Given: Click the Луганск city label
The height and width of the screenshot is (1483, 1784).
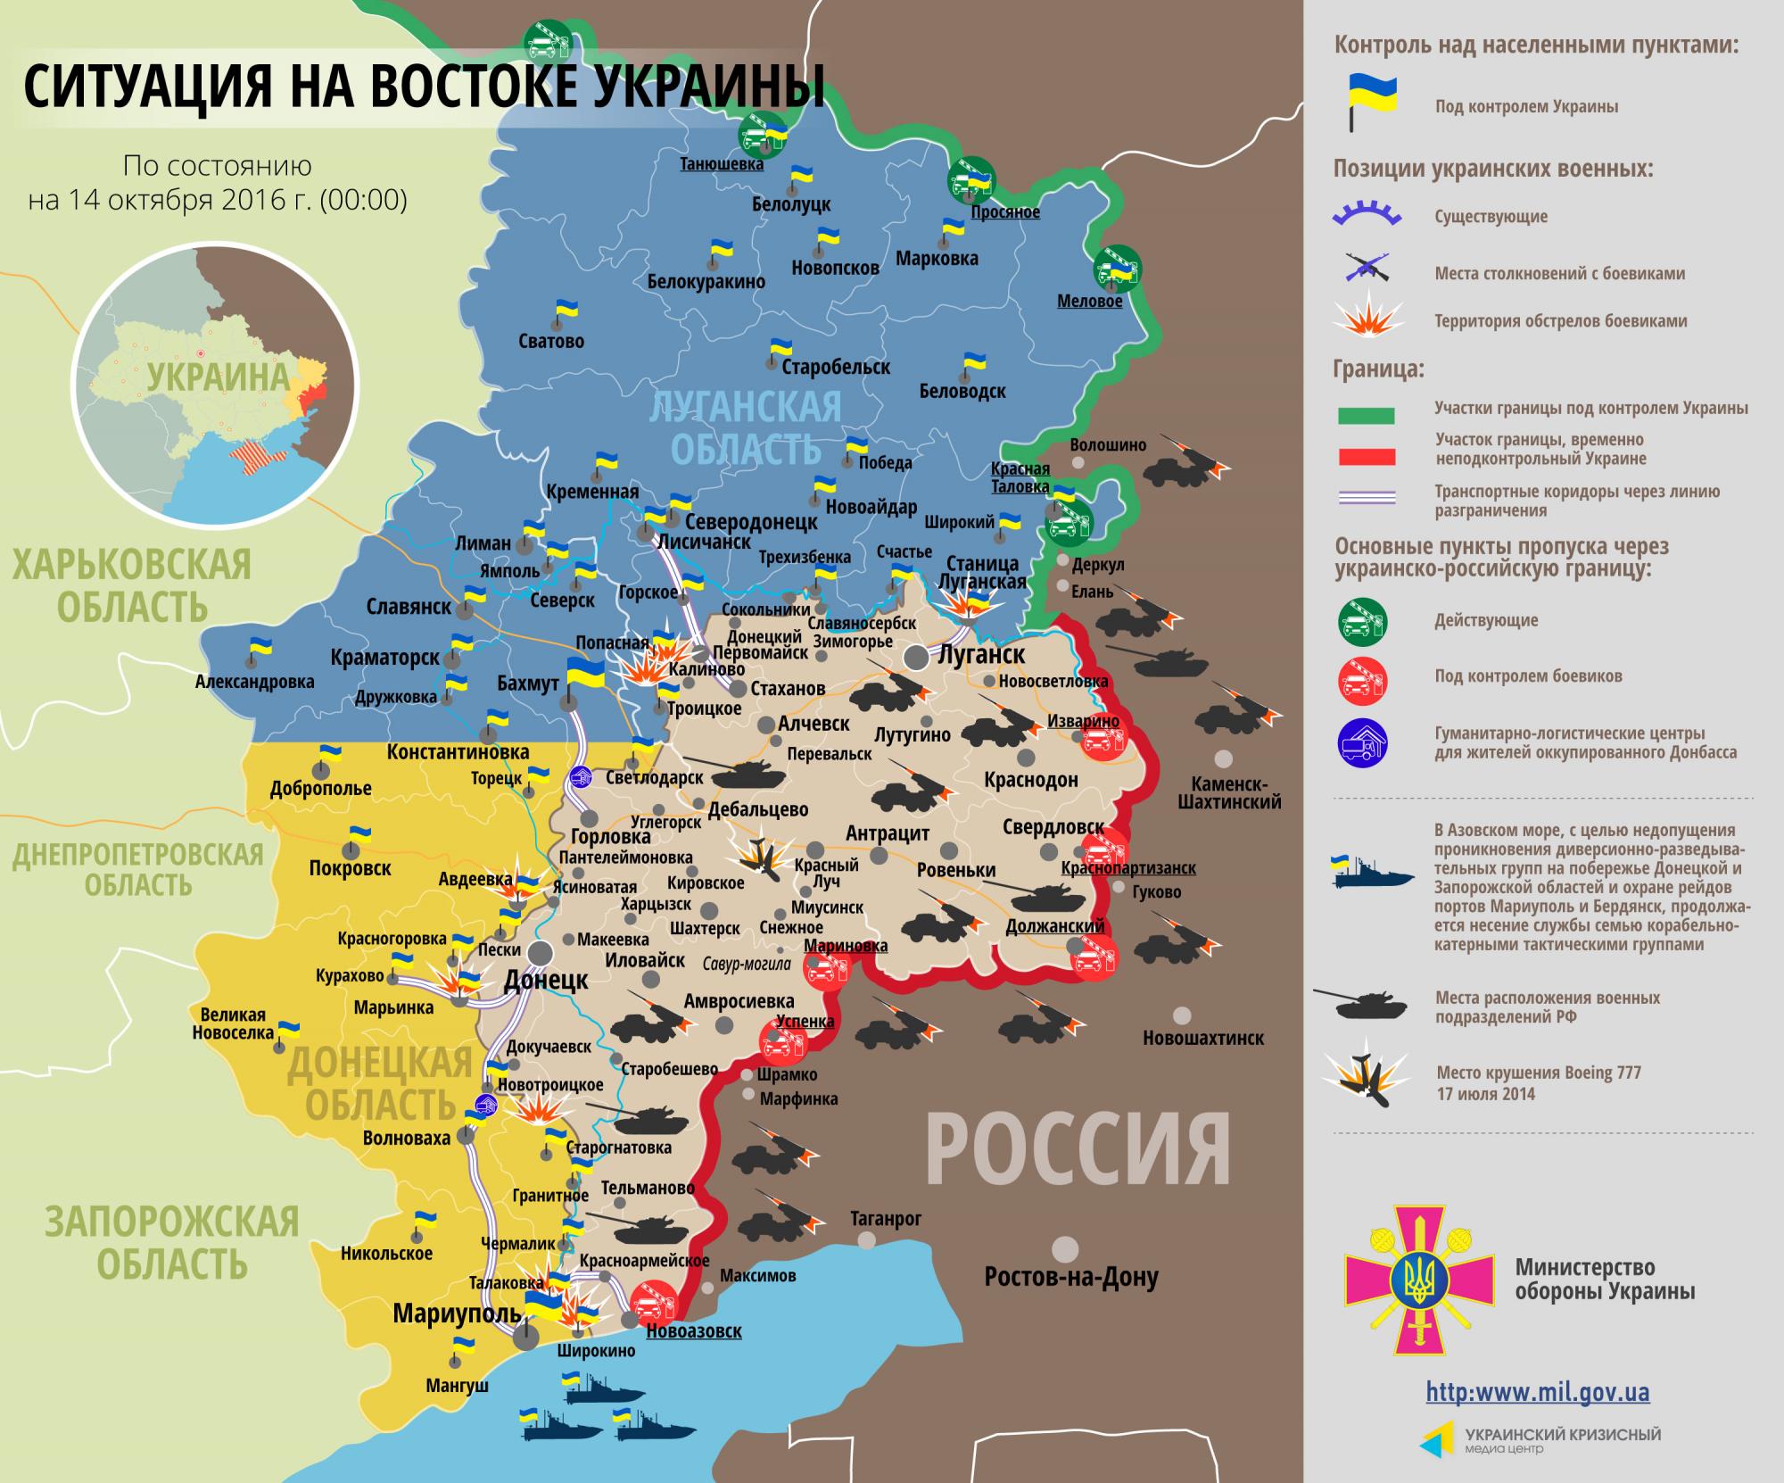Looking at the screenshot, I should tap(981, 654).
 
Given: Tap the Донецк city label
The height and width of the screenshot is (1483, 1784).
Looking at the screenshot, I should tap(546, 980).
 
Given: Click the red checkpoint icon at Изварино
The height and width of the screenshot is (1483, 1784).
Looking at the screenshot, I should tap(1103, 739).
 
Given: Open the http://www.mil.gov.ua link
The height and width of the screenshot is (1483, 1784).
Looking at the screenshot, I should tap(1537, 1391).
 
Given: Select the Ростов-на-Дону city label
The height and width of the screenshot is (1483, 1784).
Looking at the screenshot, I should tap(1070, 1277).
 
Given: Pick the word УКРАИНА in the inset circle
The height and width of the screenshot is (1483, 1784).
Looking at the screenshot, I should tap(219, 377).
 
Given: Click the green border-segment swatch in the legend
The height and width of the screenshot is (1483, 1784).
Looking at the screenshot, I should tap(1366, 416).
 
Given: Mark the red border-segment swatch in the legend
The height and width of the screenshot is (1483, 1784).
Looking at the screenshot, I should tap(1366, 457).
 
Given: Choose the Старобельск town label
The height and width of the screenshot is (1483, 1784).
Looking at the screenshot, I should tap(836, 367).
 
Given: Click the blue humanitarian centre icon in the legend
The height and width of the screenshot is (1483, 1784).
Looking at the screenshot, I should tap(1362, 742).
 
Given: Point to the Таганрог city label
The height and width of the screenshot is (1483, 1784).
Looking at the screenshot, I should tap(885, 1218).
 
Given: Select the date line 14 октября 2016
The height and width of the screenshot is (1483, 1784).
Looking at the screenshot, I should tap(217, 200).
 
